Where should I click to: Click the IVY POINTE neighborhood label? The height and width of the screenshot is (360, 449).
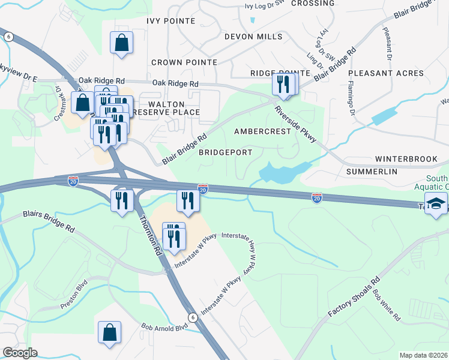[170, 21]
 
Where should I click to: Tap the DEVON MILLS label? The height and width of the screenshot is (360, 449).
[253, 37]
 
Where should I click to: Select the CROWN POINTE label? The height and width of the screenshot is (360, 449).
[183, 62]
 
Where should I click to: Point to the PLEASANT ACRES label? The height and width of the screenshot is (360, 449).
[386, 73]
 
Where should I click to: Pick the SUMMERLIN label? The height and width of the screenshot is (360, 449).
[372, 172]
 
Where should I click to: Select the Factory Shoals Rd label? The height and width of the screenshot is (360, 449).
[354, 298]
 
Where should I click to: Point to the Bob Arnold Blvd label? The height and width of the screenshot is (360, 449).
[164, 328]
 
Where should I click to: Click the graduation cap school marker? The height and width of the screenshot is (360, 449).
[436, 203]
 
